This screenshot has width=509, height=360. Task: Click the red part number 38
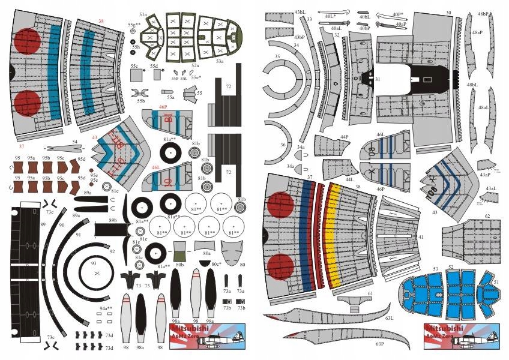[101, 22]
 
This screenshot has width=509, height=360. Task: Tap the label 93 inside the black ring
[94, 263]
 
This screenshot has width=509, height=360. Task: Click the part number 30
[448, 13]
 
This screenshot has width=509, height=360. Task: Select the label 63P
[379, 344]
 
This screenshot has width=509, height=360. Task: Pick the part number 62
[487, 215]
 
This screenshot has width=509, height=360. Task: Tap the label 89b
[113, 221]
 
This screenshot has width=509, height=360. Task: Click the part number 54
[75, 142]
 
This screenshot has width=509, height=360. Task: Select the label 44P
[344, 137]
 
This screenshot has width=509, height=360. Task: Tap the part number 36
[283, 144]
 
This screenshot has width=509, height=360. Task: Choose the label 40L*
[330, 17]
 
